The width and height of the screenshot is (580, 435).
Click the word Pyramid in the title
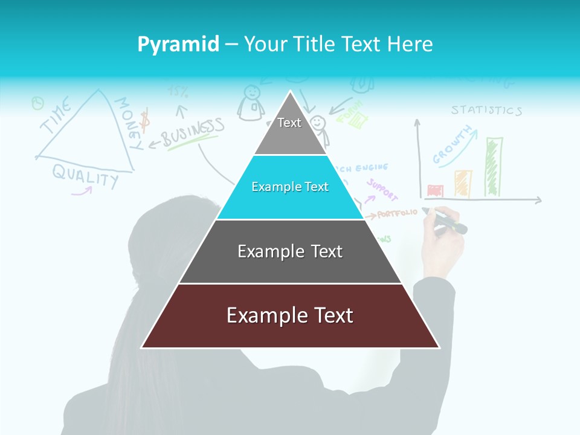[178, 44]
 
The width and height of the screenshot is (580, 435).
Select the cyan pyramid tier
[290, 187]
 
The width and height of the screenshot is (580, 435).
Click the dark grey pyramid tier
[290, 251]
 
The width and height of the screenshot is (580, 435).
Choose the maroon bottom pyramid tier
[290, 316]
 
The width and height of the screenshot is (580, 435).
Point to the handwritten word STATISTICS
[486, 110]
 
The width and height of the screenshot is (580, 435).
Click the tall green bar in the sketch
[494, 167]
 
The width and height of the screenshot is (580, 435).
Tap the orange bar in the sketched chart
[463, 183]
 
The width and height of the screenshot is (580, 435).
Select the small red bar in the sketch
[435, 191]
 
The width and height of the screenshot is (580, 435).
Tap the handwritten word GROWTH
[452, 146]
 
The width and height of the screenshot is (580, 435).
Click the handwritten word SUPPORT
[382, 190]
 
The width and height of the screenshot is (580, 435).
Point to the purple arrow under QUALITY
[82, 191]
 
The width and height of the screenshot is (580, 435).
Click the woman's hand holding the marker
[443, 236]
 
